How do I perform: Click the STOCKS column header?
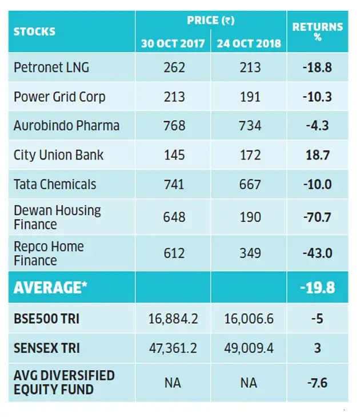34,31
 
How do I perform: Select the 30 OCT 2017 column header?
173,43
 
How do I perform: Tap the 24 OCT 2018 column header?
249,43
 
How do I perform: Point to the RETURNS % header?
318,31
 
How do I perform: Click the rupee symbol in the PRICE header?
229,21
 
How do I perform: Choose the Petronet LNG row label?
51,67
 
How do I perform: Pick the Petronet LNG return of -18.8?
317,67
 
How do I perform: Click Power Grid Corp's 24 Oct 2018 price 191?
250,97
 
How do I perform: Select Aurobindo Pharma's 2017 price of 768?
174,125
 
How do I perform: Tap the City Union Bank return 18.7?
318,155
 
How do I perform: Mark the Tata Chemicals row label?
55,184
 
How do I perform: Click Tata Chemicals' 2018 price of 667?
250,184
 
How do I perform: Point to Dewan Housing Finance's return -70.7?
317,217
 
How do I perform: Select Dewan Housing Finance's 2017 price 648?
174,217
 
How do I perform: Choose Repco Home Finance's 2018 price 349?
250,253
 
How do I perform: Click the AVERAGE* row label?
50,288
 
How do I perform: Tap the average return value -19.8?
318,288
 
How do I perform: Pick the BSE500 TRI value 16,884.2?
173,319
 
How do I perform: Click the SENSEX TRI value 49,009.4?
249,348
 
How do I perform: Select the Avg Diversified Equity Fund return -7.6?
317,383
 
